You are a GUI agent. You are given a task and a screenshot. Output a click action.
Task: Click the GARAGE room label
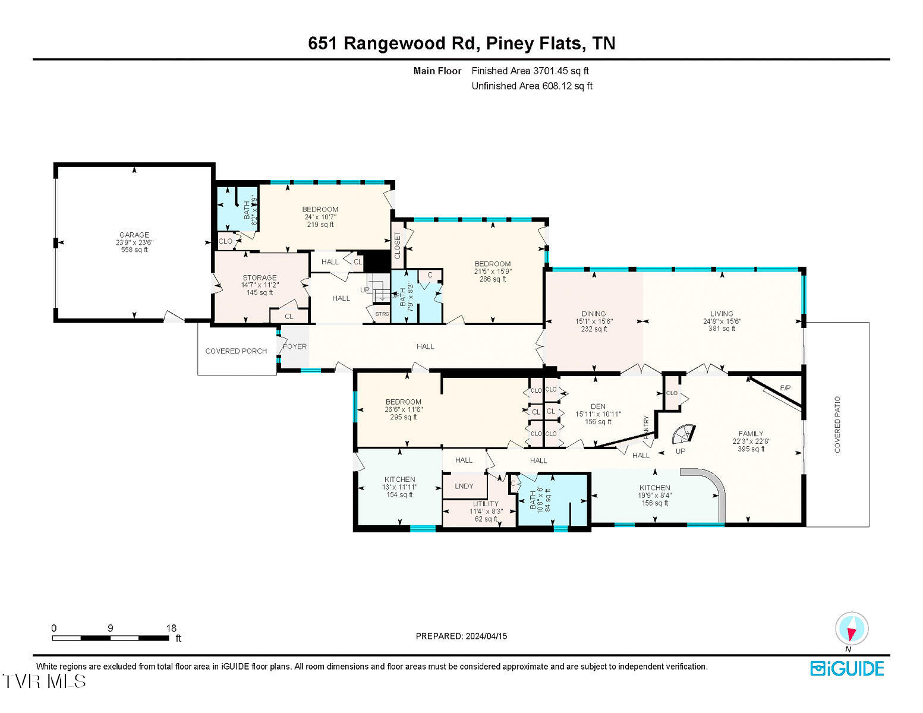point(134,235)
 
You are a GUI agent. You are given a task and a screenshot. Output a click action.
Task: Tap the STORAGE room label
point(259,277)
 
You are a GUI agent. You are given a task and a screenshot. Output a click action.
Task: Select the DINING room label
point(593,314)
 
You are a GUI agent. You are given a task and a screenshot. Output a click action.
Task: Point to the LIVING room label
point(722,314)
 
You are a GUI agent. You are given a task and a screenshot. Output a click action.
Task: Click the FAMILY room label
point(751,434)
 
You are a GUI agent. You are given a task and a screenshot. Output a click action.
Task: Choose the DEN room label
point(598,406)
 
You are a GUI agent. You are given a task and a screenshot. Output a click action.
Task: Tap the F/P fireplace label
point(785,388)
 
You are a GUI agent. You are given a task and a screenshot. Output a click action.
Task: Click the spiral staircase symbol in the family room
point(683,434)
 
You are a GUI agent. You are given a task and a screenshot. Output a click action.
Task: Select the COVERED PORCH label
point(236,351)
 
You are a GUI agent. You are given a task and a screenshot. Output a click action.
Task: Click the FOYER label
point(294,346)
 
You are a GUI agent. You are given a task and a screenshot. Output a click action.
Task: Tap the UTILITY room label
point(486,504)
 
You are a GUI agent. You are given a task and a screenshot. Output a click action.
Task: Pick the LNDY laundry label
point(464,486)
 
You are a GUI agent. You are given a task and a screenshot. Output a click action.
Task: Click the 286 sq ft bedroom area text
point(492,279)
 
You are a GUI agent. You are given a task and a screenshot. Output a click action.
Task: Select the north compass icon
point(852,629)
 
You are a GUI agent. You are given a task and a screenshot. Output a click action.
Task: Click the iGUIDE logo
point(847,668)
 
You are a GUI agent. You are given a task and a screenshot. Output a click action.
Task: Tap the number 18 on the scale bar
point(171,628)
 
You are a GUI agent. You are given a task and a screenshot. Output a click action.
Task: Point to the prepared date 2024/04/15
point(486,636)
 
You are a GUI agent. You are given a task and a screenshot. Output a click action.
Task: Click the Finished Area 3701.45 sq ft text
point(530,71)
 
